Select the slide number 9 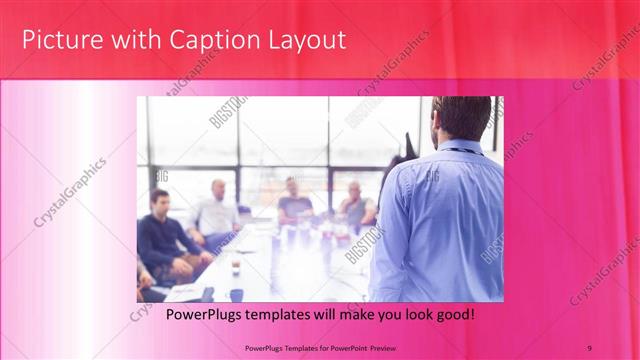[x=590, y=347]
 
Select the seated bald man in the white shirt [x=216, y=210]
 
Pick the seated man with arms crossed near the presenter [x=355, y=204]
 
